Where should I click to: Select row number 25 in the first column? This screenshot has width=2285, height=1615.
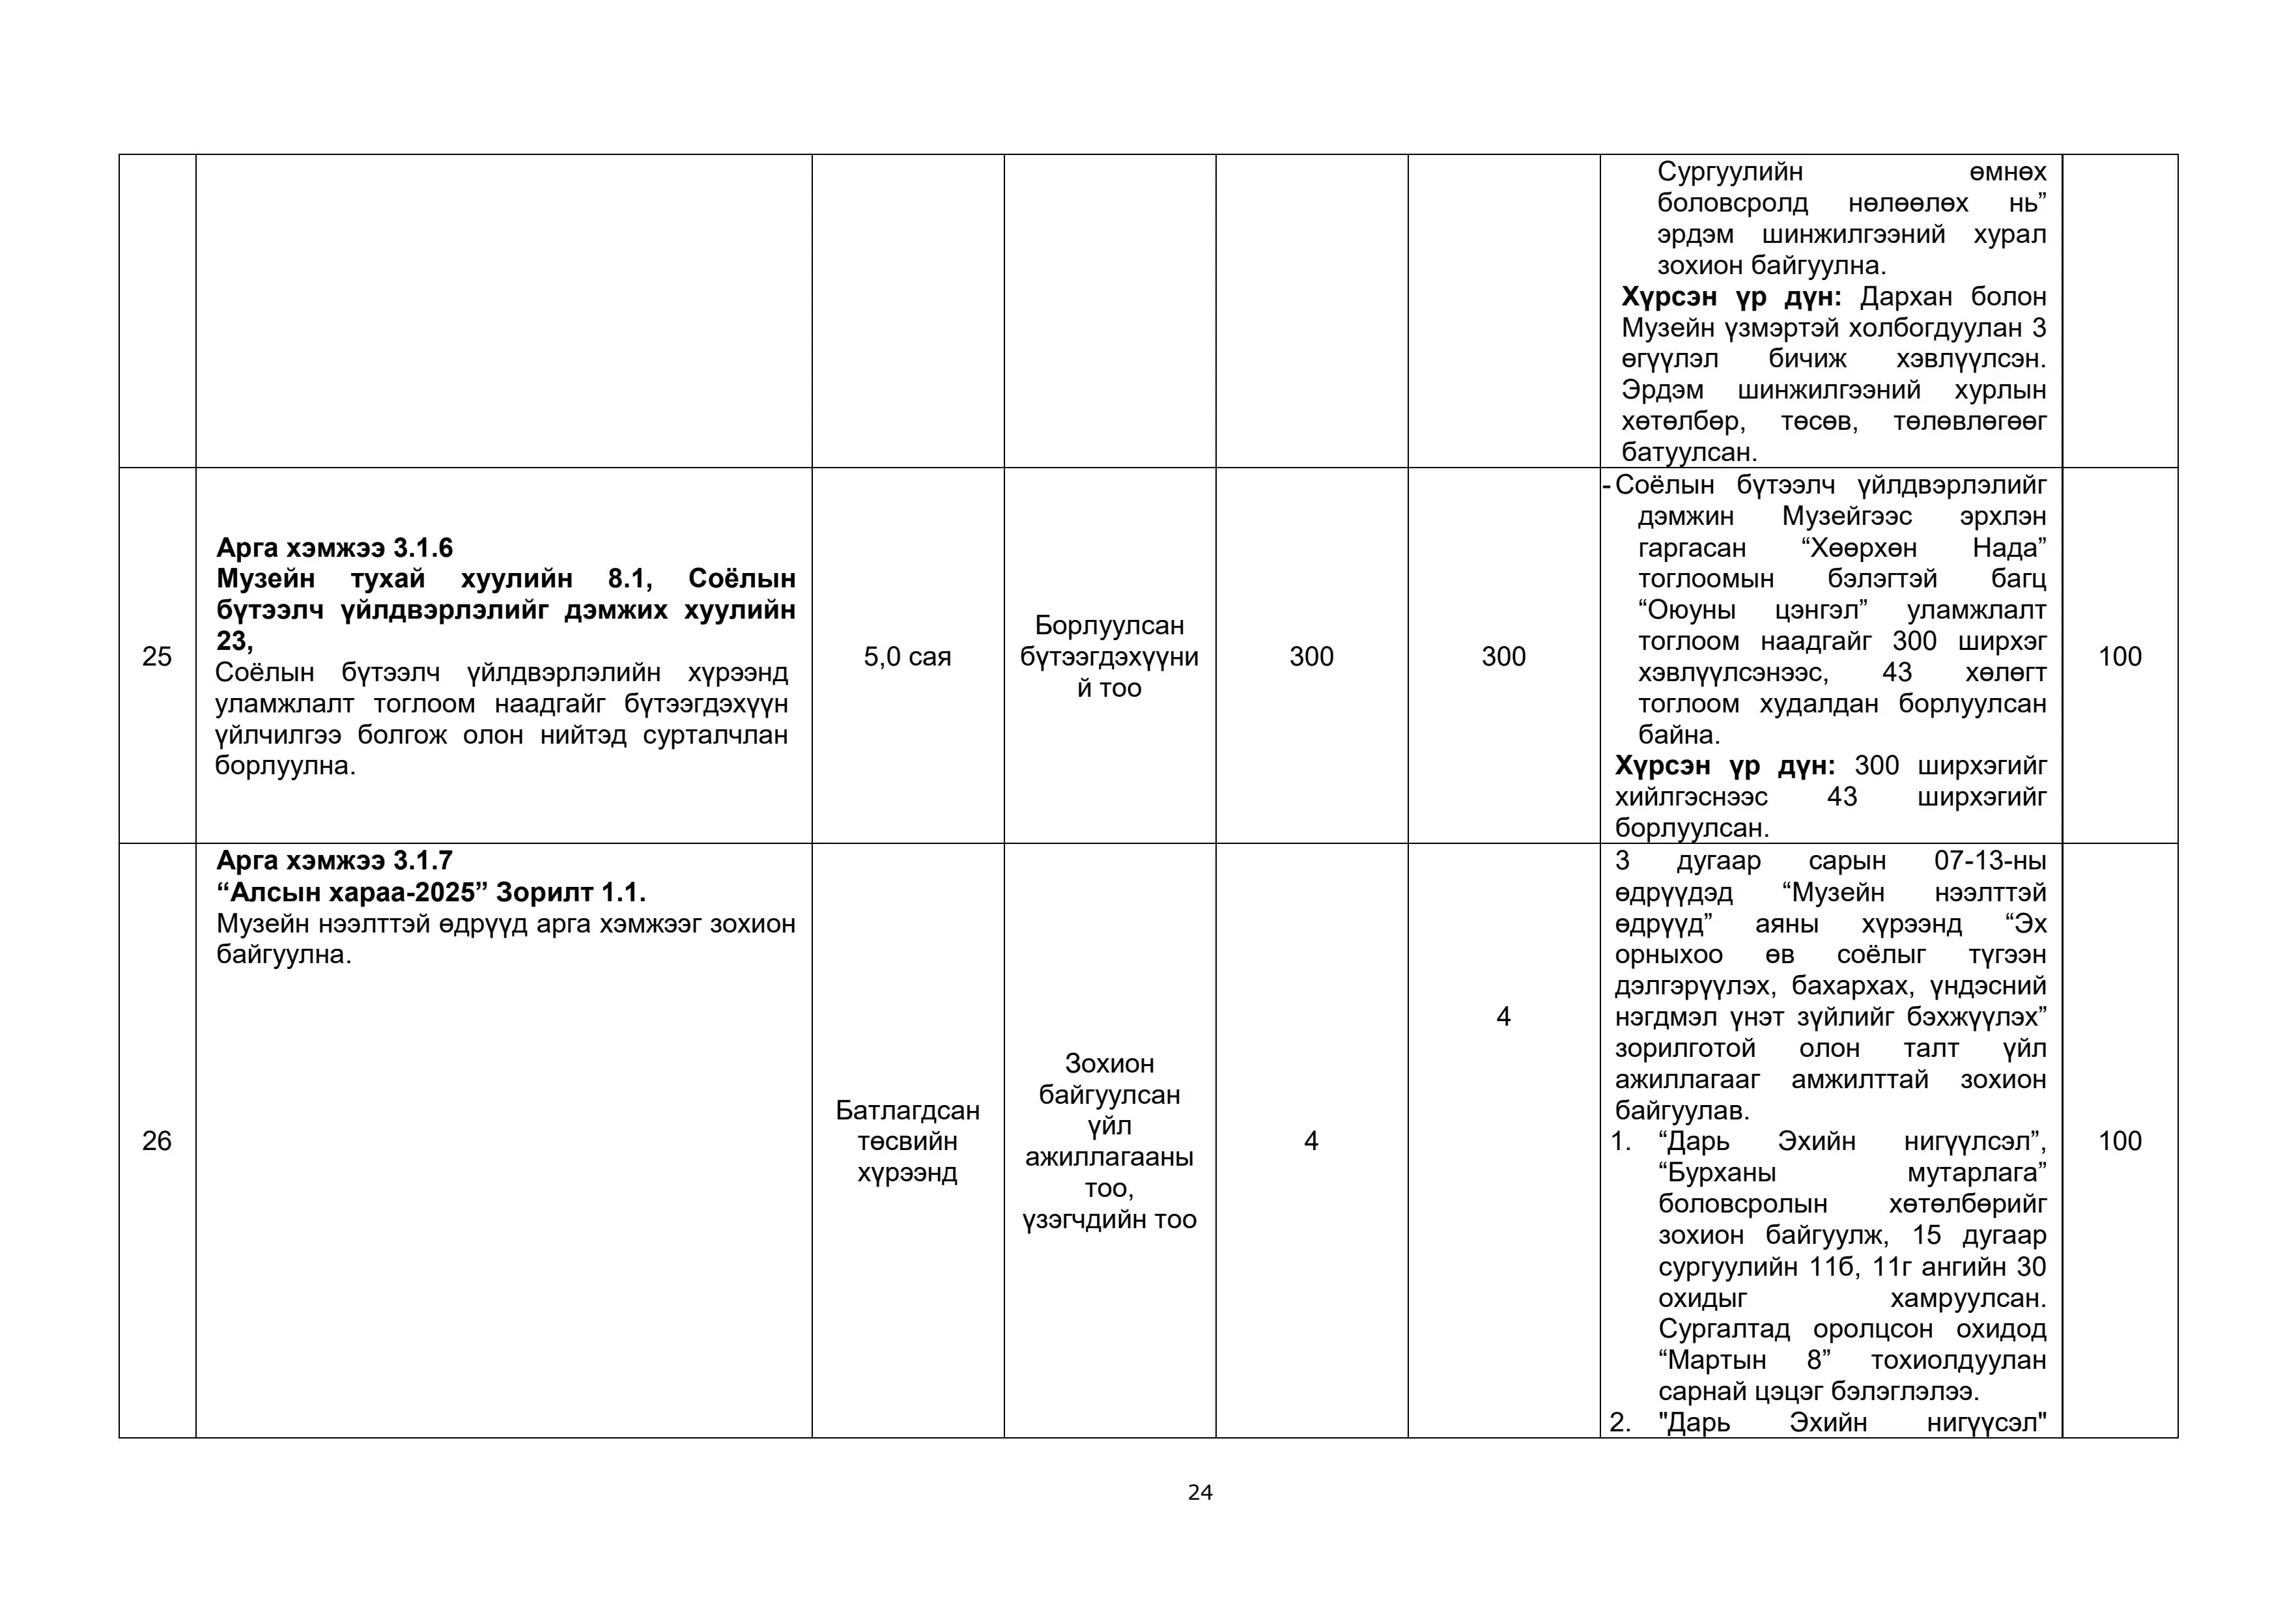[156, 657]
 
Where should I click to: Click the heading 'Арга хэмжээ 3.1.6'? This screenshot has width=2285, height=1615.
[334, 547]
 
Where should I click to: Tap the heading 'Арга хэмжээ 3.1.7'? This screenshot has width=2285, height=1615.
[334, 860]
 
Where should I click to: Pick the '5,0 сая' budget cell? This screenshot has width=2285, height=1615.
[907, 657]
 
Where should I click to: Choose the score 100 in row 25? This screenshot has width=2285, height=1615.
[2119, 657]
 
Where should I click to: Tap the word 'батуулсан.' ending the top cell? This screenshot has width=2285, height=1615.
[1689, 453]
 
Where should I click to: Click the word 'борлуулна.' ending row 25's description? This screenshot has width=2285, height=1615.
[285, 766]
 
